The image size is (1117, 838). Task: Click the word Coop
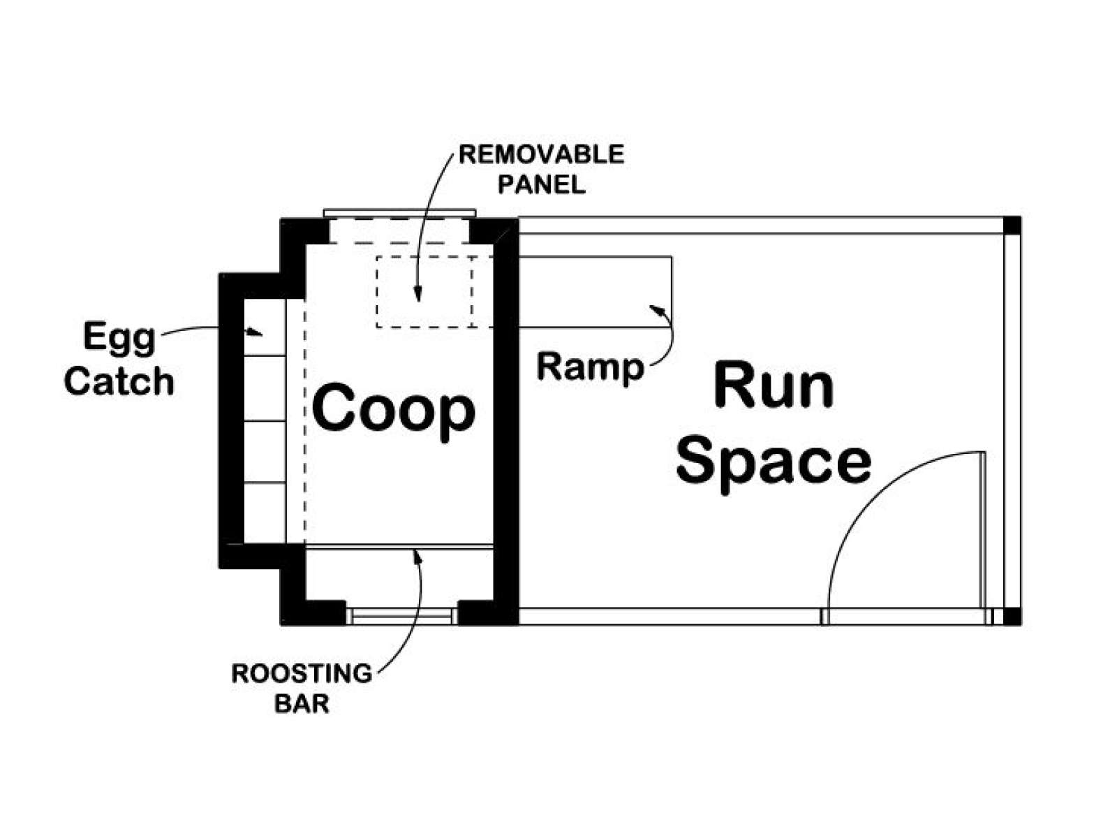[x=394, y=413]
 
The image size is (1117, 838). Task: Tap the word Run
[x=774, y=384]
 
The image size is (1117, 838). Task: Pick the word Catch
[x=119, y=381]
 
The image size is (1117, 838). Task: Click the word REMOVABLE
[x=542, y=154]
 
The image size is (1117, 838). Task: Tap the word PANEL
[x=542, y=184]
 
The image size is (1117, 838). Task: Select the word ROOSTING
[x=302, y=673]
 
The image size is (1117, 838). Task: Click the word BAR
[x=302, y=704]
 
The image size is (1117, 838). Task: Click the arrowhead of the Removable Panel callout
[x=417, y=295]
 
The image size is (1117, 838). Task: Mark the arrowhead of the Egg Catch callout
[x=256, y=332]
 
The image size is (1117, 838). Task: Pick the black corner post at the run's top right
[x=1012, y=226]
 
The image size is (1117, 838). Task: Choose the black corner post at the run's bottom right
[x=1012, y=616]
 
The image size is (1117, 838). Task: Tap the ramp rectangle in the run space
[x=595, y=292]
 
